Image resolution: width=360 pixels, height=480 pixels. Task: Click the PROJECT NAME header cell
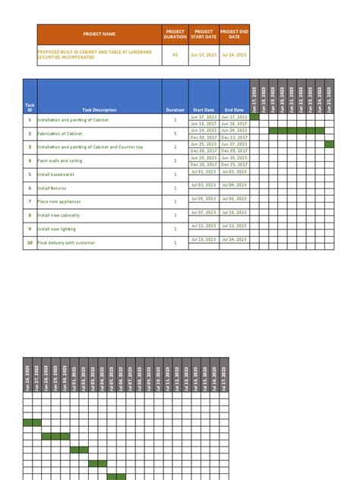(x=99, y=34)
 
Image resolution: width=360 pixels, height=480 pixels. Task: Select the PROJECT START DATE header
(x=204, y=34)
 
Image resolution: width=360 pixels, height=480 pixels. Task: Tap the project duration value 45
(x=175, y=55)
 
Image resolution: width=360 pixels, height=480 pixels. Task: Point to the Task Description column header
(x=99, y=110)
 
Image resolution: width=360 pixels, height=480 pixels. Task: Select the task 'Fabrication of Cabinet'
(x=60, y=134)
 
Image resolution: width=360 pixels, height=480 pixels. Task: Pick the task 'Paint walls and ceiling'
(x=61, y=161)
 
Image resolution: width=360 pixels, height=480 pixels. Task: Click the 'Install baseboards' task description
(x=57, y=174)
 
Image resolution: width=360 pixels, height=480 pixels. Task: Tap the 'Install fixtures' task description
(x=54, y=188)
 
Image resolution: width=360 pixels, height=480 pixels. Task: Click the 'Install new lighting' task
(x=58, y=229)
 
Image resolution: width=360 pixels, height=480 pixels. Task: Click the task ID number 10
(x=30, y=242)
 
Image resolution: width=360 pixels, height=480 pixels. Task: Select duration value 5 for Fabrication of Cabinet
(x=175, y=134)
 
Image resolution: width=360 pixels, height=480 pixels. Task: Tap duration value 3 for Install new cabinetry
(x=175, y=215)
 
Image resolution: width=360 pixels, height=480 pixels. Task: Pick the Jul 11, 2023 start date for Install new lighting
(x=204, y=226)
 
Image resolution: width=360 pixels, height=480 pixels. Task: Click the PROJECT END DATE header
(x=234, y=34)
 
